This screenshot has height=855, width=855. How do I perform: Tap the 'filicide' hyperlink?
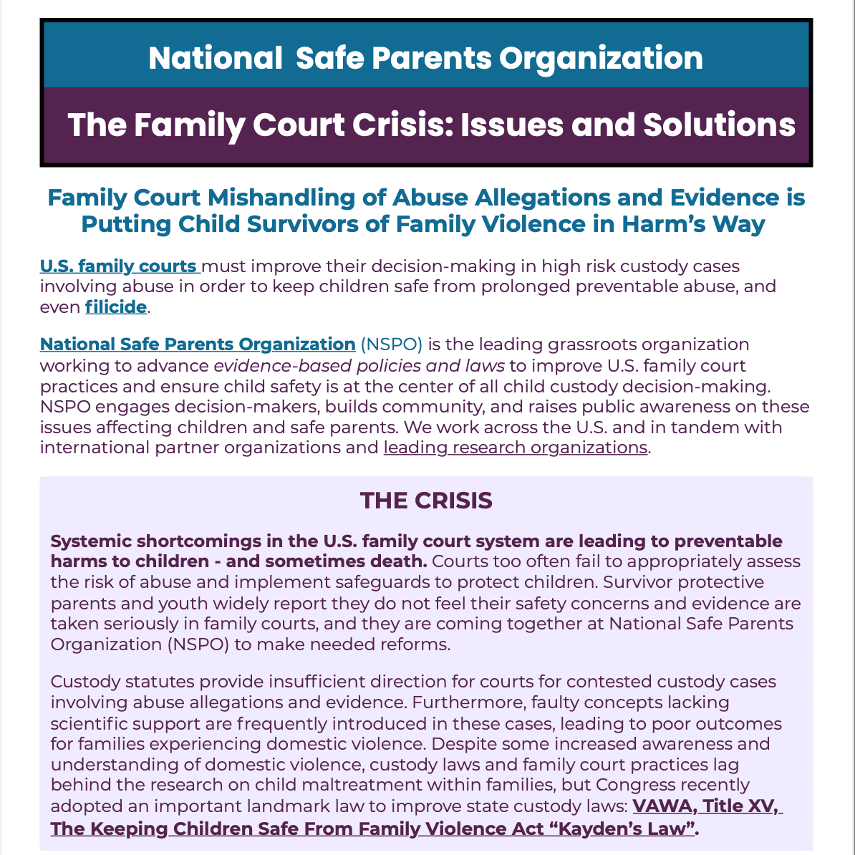[x=115, y=308]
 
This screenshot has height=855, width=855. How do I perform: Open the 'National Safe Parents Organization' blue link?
[x=197, y=344]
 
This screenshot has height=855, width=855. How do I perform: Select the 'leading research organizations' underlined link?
[x=515, y=448]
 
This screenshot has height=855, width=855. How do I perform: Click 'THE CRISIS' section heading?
[x=426, y=501]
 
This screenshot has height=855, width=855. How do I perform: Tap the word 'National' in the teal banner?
[x=215, y=58]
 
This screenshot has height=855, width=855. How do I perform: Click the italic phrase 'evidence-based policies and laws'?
[x=359, y=366]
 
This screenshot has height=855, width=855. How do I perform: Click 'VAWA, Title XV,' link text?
[x=706, y=806]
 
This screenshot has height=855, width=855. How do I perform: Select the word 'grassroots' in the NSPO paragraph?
[x=594, y=344]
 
